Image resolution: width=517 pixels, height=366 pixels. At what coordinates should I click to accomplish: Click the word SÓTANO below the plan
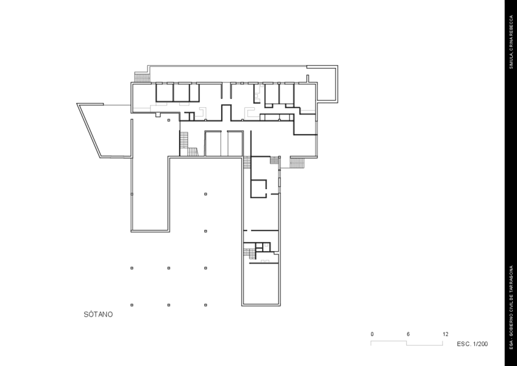coord(98,314)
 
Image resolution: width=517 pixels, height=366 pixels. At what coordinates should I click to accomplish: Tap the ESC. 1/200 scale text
coord(472,344)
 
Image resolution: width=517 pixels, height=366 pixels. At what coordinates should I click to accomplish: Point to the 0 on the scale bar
coord(372,334)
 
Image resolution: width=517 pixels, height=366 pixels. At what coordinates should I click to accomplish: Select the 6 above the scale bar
coord(408,334)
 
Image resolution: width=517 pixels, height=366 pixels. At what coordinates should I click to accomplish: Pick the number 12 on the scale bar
coord(445,334)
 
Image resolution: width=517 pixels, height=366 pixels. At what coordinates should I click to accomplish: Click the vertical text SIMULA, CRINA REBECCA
coord(512,42)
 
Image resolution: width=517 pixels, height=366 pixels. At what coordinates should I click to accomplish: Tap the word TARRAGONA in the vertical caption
coord(512,279)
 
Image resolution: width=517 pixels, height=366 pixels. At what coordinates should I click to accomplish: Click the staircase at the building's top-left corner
coord(142,77)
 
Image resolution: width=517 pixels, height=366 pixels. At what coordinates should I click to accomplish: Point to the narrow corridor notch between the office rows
coord(226,112)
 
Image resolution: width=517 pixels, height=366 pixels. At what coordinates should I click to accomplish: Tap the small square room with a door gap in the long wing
coord(258,188)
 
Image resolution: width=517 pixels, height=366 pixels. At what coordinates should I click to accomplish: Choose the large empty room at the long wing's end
coord(260,284)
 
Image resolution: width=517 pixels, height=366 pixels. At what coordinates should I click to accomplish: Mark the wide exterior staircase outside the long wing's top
coord(296,163)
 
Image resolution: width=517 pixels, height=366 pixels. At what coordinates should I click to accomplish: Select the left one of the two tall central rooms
coord(213,143)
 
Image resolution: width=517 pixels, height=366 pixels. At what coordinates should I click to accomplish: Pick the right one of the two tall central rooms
coord(235,143)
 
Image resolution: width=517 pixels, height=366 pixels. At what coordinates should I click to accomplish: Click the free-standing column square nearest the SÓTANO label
coord(132,305)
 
